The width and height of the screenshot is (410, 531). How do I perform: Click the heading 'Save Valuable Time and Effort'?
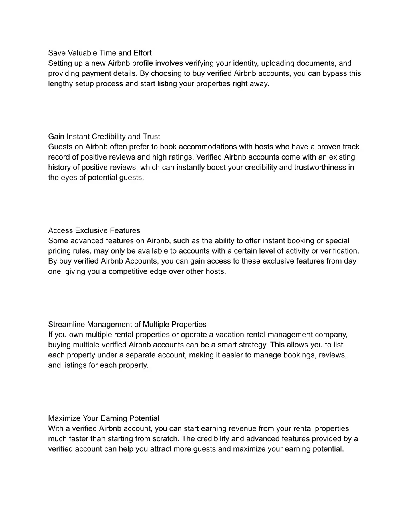(100, 53)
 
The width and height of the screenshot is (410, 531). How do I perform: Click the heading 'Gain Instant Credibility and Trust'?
(104, 137)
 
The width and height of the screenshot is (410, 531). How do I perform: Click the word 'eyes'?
(68, 178)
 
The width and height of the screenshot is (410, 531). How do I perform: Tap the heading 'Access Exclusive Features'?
(94, 230)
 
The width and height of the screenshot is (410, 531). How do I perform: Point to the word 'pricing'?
(60, 251)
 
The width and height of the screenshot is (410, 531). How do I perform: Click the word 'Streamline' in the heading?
(66, 324)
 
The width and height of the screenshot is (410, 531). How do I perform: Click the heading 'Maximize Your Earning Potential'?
(103, 418)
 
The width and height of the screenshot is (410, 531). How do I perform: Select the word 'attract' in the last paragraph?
(161, 449)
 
